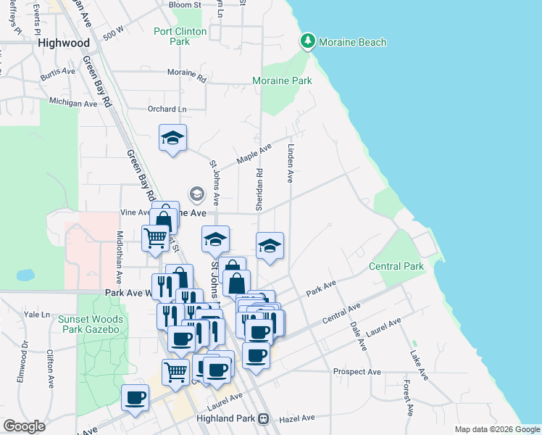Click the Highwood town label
coord(64,43)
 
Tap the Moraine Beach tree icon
coord(308,42)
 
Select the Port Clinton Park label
coord(180,36)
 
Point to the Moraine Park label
coord(282,80)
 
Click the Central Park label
coord(396,266)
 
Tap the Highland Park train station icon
coord(264,418)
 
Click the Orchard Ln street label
coord(162,109)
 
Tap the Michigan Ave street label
coord(73,103)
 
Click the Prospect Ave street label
coord(357,372)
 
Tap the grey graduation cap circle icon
coord(196,194)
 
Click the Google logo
coord(24,426)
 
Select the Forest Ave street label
coord(409,398)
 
